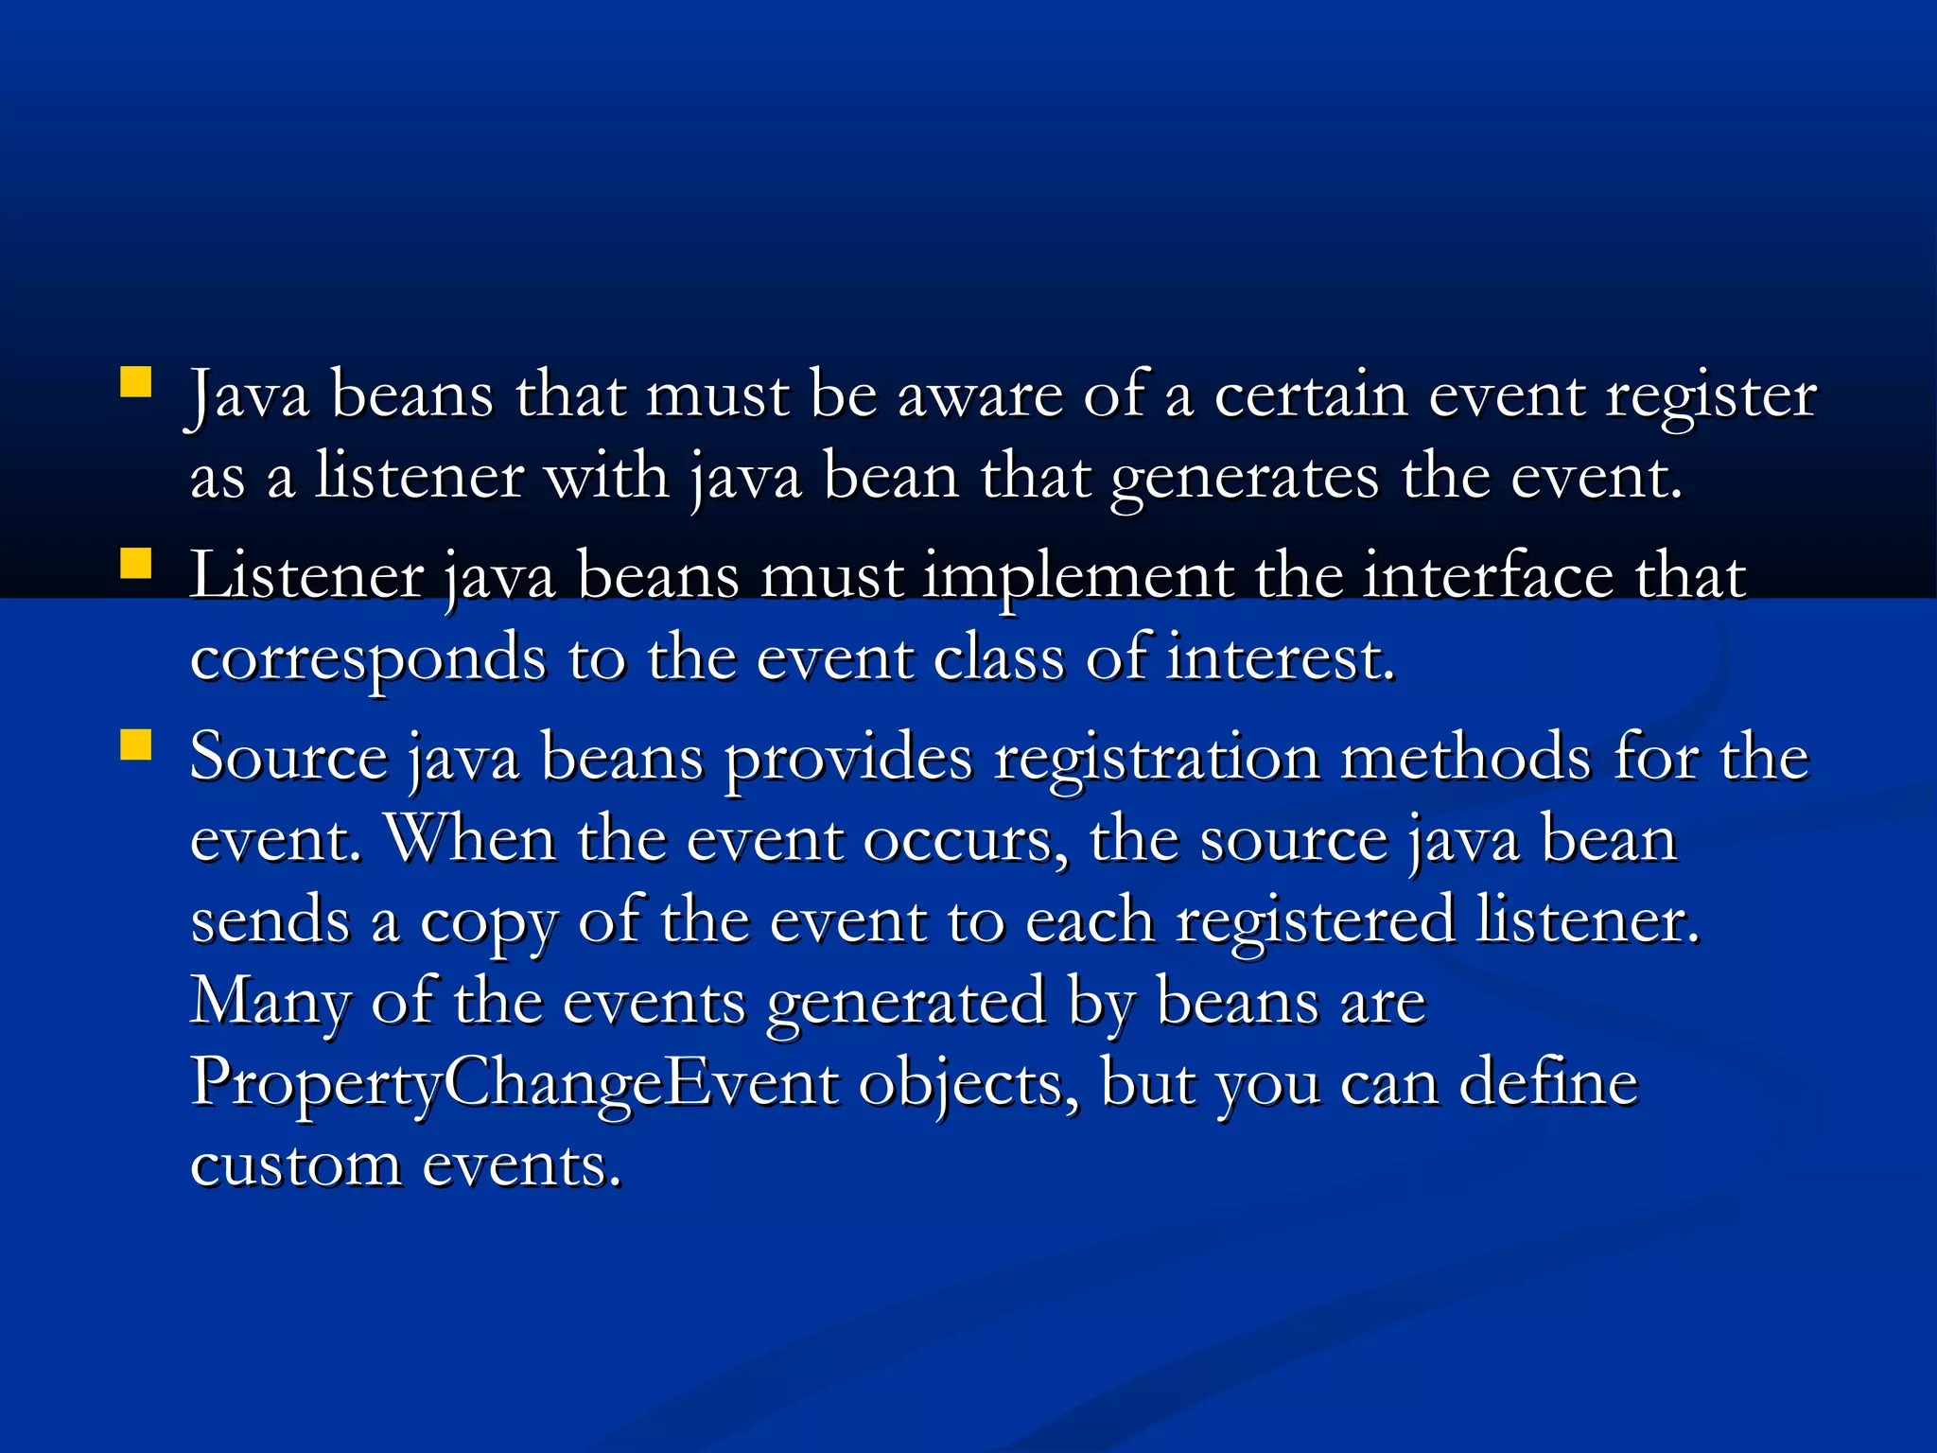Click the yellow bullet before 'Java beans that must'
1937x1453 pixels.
136,383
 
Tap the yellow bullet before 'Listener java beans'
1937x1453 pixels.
136,564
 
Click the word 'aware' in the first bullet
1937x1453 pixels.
980,395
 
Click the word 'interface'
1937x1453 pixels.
1488,577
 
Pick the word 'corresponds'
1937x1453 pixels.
368,659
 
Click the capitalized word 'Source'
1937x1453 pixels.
288,758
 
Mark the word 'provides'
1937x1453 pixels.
848,760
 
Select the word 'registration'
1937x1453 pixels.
1156,760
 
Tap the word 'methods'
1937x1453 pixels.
1466,758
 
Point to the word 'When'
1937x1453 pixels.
470,839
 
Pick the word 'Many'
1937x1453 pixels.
270,1003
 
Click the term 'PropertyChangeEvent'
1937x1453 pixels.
514,1084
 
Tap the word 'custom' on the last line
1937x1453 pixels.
295,1165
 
